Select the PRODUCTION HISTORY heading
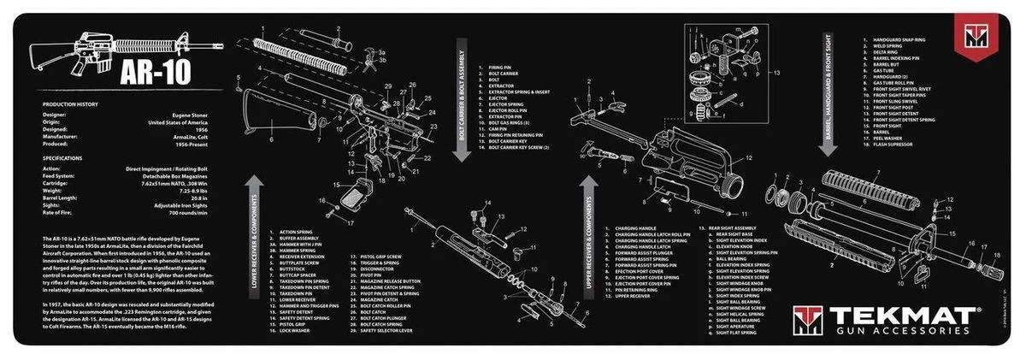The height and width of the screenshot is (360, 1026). click(x=69, y=103)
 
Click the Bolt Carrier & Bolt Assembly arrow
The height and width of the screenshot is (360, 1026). click(x=459, y=98)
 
